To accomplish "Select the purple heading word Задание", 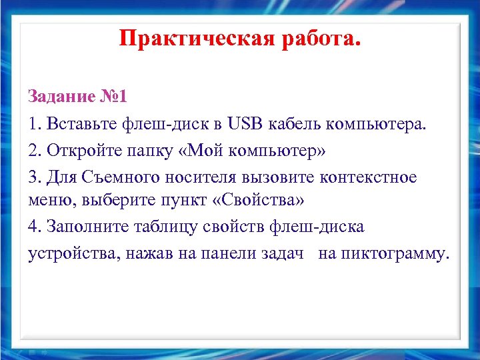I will coord(62,97).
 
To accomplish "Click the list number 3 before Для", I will coord(33,177).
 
